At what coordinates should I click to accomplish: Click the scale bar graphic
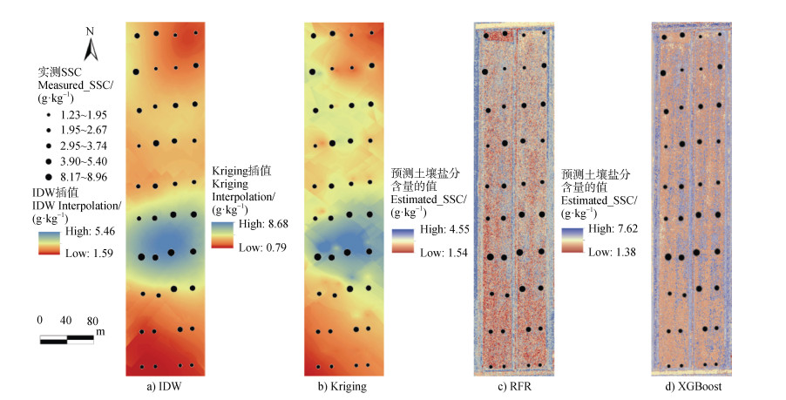tap(67, 338)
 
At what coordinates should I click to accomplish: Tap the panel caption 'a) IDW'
tap(164, 385)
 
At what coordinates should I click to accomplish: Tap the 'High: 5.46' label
tap(86, 234)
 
